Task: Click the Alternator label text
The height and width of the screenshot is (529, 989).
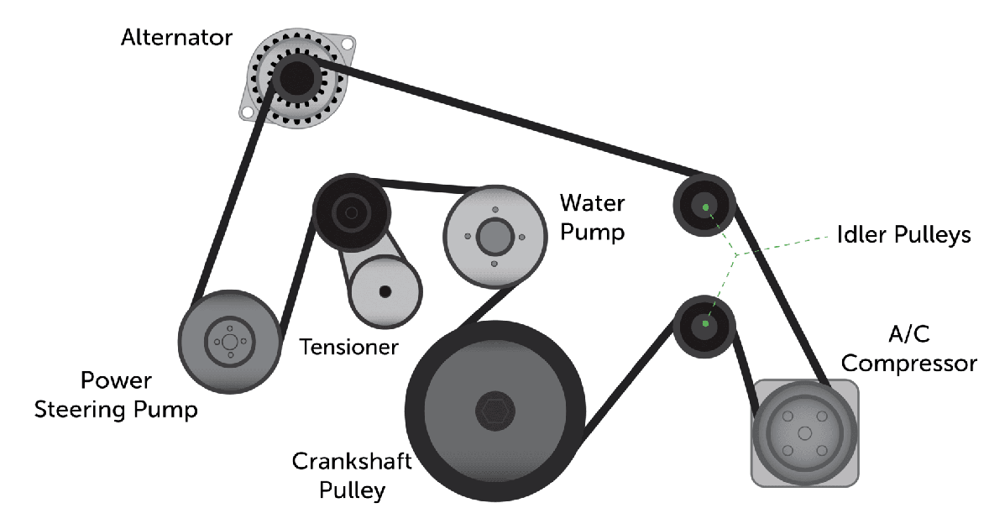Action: click(x=176, y=38)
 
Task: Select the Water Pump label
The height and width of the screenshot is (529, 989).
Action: click(x=592, y=217)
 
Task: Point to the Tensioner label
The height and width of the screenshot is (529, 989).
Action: click(x=348, y=346)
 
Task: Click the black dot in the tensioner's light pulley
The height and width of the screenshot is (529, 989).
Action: click(x=385, y=291)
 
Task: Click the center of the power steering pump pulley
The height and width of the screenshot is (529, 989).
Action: click(x=228, y=341)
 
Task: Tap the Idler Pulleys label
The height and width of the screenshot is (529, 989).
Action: click(x=903, y=234)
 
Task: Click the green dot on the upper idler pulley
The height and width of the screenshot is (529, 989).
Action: click(x=706, y=207)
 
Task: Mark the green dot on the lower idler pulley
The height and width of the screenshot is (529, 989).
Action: click(x=705, y=323)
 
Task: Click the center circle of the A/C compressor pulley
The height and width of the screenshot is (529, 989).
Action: click(x=805, y=433)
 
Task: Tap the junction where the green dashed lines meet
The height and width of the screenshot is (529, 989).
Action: click(x=735, y=254)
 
